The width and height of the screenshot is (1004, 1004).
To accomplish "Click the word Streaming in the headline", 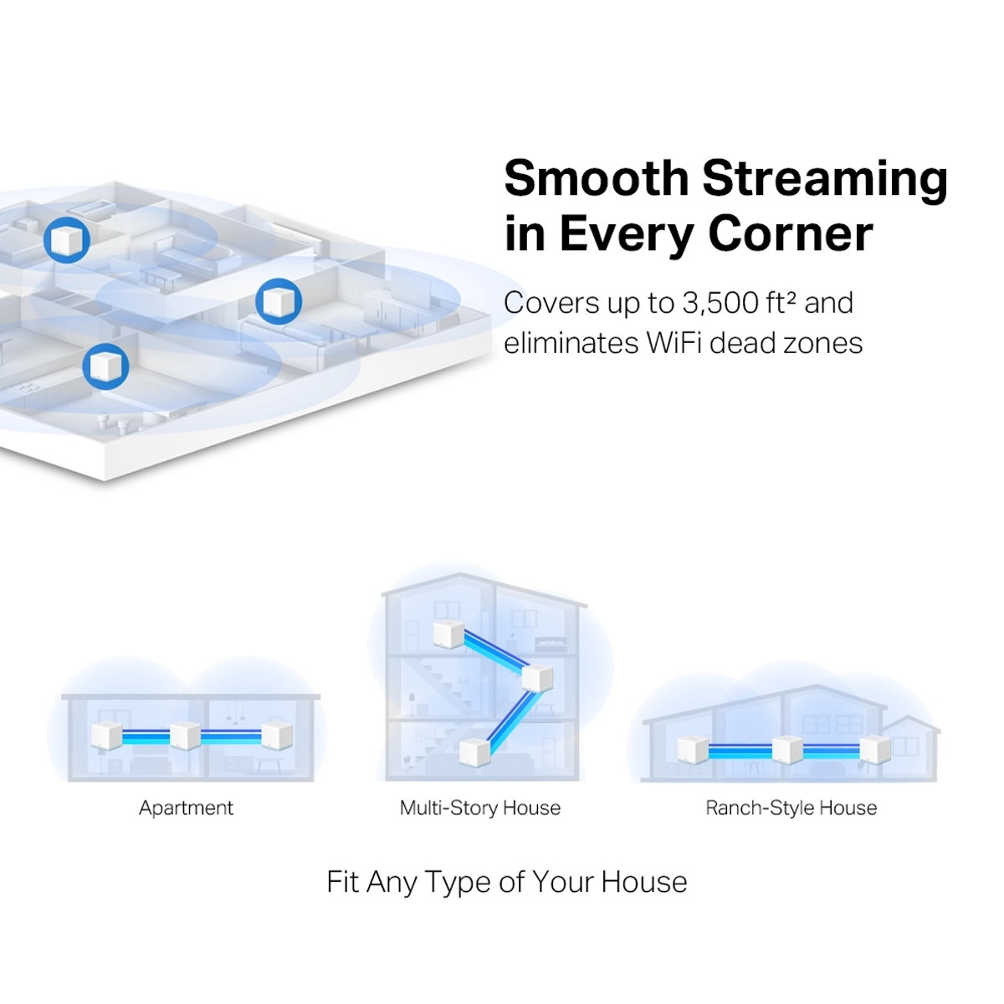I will [x=824, y=179].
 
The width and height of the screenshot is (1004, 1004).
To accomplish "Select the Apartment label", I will [x=186, y=808].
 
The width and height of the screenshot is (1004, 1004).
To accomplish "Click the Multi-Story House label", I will [x=479, y=808].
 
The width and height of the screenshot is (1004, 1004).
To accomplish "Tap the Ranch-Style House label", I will [x=791, y=808].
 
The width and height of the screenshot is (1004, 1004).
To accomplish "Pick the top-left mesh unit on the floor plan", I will [x=67, y=239].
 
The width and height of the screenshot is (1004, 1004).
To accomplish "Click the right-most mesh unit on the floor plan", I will [x=278, y=301].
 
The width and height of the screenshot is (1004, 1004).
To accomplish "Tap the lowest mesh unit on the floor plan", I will [x=105, y=366].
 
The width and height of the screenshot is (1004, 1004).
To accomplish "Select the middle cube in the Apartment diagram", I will [x=185, y=735].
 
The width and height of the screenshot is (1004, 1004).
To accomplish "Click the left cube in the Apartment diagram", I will [x=106, y=736].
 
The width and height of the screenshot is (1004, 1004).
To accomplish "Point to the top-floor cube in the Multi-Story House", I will [x=448, y=634].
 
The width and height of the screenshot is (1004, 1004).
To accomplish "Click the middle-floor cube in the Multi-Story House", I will [x=536, y=676].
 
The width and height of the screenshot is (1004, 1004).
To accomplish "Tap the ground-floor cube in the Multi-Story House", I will [x=474, y=751].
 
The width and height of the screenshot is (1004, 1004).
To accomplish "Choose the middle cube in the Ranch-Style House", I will [x=786, y=749].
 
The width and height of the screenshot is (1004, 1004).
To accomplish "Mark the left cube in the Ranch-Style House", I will [x=693, y=750].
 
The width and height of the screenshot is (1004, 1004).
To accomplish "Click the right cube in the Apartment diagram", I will [x=276, y=735].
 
